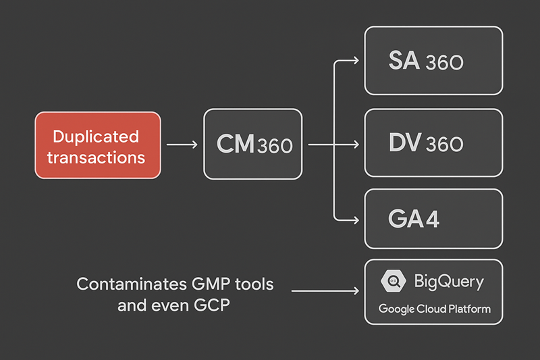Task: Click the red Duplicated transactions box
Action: (98, 145)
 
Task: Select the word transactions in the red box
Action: (99, 157)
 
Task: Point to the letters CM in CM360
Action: (236, 144)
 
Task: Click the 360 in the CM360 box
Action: (275, 145)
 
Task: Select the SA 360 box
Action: (433, 61)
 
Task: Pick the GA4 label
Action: (411, 219)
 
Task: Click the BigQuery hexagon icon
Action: (392, 281)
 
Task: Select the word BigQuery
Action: (448, 282)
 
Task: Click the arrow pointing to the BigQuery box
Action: (324, 291)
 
